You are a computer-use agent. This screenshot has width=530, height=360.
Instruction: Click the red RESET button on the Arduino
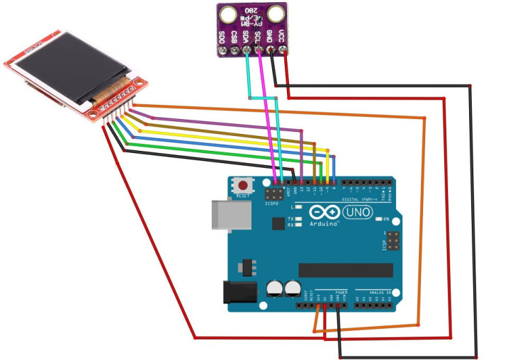(244, 184)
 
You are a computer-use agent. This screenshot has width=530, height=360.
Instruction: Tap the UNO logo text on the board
(358, 213)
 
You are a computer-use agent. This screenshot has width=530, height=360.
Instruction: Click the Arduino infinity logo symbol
(323, 213)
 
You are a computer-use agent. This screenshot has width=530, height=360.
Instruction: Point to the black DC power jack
(239, 293)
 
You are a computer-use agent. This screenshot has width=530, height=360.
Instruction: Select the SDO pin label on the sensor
(221, 36)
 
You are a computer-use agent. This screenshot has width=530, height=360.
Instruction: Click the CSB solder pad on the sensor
(234, 50)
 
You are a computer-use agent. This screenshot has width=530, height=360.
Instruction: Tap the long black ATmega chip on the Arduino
(345, 270)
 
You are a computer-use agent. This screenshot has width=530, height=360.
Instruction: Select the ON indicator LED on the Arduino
(378, 219)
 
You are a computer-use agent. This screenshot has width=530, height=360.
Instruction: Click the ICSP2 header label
(273, 203)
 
